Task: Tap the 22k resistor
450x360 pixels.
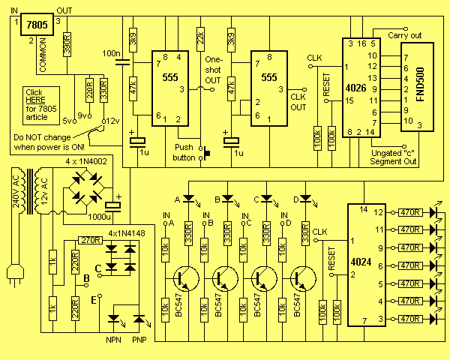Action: pyautogui.click(x=200, y=37)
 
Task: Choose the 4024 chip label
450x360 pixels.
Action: pyautogui.click(x=362, y=265)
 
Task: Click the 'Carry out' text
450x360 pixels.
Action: pyautogui.click(x=406, y=35)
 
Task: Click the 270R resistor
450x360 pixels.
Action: pyautogui.click(x=90, y=241)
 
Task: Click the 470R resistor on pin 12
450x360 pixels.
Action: pyautogui.click(x=409, y=212)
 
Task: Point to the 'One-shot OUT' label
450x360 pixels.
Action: pyautogui.click(x=214, y=69)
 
